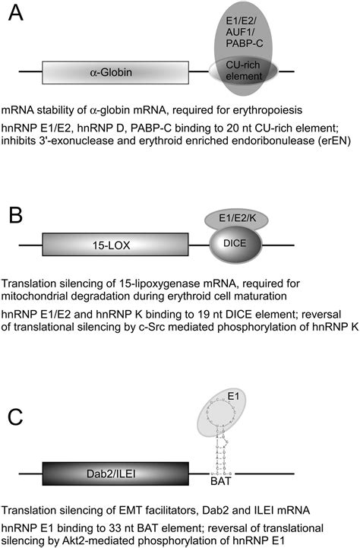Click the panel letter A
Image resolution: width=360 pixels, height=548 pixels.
17,16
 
